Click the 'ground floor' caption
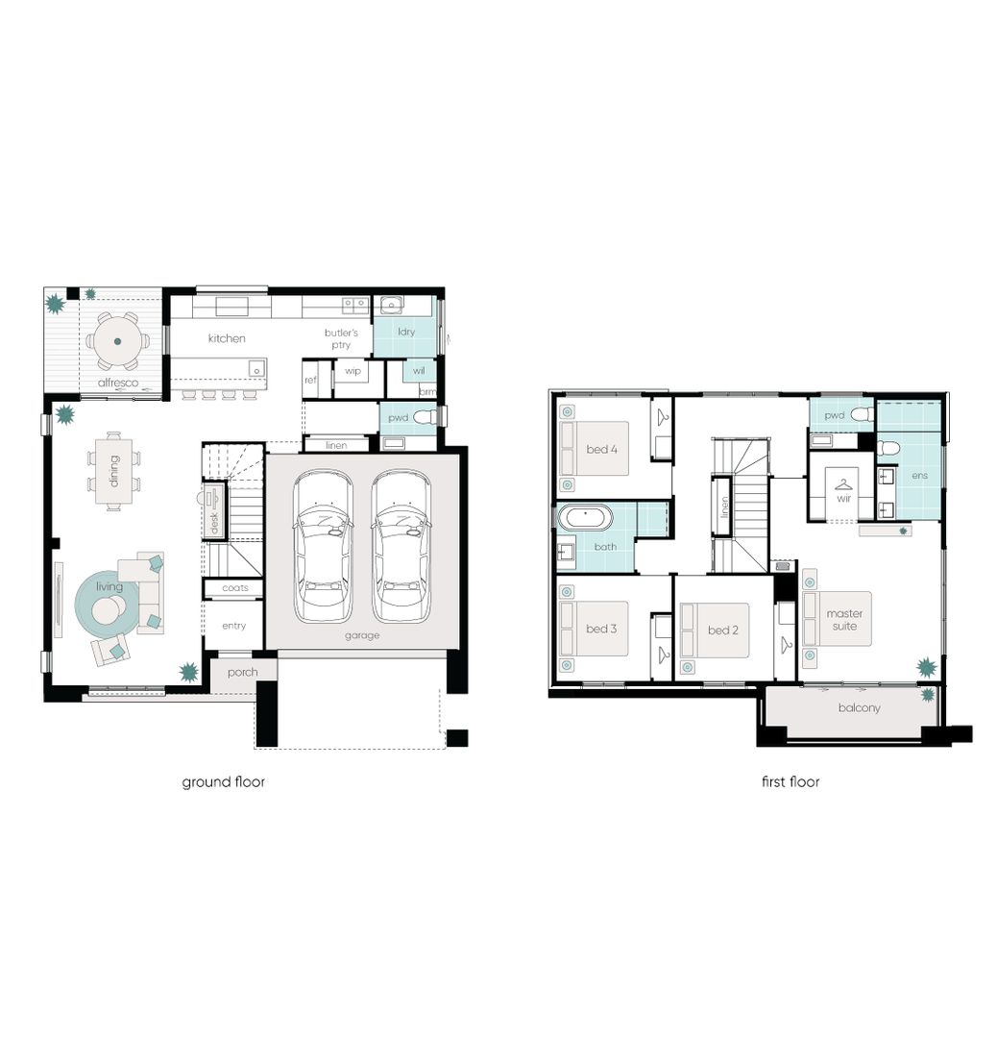click(223, 781)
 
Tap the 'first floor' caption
click(790, 781)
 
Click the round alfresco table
click(117, 340)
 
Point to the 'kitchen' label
click(227, 338)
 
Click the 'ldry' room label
click(406, 332)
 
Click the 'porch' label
click(242, 672)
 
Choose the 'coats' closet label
click(234, 587)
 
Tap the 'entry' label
click(233, 626)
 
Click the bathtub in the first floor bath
click(585, 519)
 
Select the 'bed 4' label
click(601, 449)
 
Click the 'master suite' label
click(845, 620)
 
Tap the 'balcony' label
click(858, 708)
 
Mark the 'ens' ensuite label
click(920, 476)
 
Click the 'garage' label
click(362, 635)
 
